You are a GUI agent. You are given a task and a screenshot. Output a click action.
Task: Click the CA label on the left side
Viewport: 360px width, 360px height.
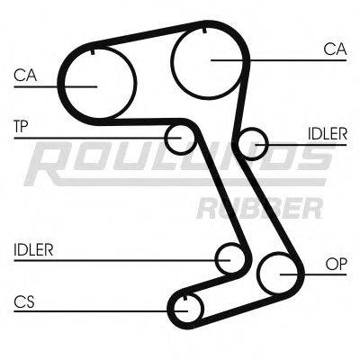[24, 76]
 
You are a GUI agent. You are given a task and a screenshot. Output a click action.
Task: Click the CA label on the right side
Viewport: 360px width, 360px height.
[333, 50]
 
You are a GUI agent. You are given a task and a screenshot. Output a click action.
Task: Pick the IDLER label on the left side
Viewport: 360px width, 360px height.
[33, 249]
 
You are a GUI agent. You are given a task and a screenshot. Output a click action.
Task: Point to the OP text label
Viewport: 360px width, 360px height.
[336, 264]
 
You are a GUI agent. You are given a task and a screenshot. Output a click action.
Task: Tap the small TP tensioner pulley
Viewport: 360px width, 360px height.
[179, 138]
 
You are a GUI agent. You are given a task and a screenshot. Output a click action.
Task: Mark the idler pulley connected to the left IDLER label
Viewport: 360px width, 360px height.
[230, 259]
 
